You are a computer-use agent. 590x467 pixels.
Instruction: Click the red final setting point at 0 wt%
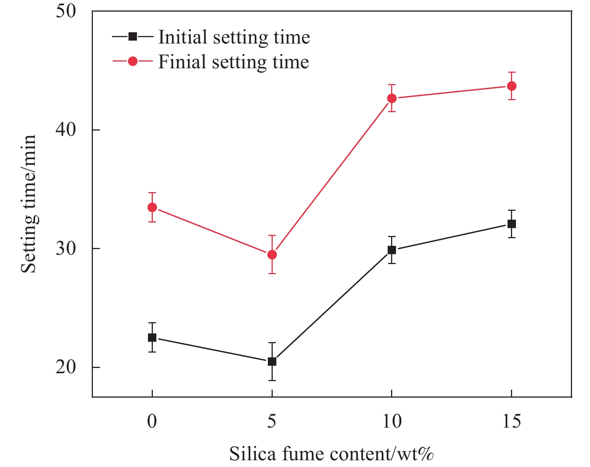click(x=152, y=207)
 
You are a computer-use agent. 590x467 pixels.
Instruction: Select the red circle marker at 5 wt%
click(x=272, y=255)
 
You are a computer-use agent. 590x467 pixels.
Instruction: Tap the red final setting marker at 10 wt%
click(x=391, y=98)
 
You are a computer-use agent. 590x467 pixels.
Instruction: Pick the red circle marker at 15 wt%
click(x=511, y=86)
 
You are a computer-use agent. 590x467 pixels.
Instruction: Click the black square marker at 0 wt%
click(x=152, y=337)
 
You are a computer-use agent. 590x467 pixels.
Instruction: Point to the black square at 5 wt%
click(x=272, y=362)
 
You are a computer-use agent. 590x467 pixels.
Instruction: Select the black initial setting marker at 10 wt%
click(x=391, y=250)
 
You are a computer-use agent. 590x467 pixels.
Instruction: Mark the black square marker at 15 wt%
click(x=511, y=224)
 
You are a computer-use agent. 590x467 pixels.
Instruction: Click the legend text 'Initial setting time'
click(x=234, y=37)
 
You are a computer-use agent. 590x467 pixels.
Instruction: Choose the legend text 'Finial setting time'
click(x=233, y=62)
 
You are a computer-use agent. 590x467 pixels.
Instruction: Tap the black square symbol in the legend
click(x=133, y=36)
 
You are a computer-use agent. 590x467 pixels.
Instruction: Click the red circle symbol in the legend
click(x=133, y=61)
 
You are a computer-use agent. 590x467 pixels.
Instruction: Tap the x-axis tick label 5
click(x=272, y=422)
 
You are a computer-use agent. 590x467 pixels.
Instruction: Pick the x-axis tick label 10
click(x=391, y=422)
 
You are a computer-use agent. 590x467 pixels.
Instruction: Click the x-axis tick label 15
click(x=511, y=422)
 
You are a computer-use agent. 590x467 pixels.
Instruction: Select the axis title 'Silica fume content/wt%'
click(x=332, y=454)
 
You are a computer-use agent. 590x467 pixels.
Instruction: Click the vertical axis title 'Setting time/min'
click(x=28, y=204)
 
